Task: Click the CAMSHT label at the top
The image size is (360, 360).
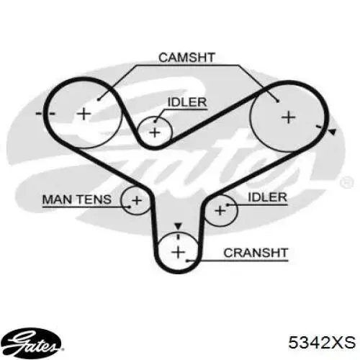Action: point(186,58)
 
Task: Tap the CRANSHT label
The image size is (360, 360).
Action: point(256,253)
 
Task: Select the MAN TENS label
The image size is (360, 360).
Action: point(77,199)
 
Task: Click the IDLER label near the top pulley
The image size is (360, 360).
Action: point(187,102)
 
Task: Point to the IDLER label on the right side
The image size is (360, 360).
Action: point(267,197)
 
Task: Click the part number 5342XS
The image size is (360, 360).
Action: point(322,342)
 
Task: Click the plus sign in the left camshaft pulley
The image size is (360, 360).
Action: point(84,114)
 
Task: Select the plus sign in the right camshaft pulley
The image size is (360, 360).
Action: point(288,117)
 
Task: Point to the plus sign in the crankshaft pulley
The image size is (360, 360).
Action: point(179,252)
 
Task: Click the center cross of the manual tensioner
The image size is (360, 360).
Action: point(137,200)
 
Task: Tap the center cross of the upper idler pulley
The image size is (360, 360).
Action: point(155,132)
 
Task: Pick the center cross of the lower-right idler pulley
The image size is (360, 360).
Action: point(220,211)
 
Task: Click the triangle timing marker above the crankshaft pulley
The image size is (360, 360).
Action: point(178,226)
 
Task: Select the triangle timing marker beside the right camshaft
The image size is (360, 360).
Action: point(332,132)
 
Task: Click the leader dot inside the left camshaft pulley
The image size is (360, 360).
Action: point(99,99)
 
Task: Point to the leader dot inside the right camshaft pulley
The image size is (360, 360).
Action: point(278,102)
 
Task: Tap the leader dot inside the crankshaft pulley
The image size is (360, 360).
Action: point(187,261)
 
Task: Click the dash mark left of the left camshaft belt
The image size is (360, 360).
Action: point(39,113)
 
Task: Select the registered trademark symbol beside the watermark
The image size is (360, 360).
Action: point(347,182)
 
